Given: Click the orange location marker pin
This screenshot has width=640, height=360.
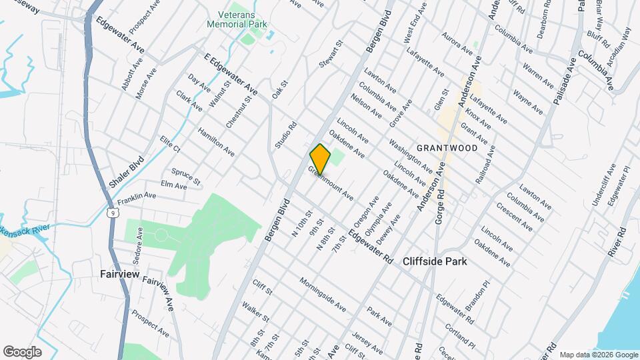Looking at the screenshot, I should tap(320, 159).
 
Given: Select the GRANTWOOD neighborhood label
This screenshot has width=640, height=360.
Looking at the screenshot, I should tap(447, 148).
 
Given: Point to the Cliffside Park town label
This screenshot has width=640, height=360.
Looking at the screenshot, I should tap(435, 262).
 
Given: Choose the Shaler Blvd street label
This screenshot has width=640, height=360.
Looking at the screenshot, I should tap(127, 173).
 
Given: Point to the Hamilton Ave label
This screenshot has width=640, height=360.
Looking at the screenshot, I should tap(215, 141).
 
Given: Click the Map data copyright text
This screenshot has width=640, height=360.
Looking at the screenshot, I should tap(598, 354).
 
